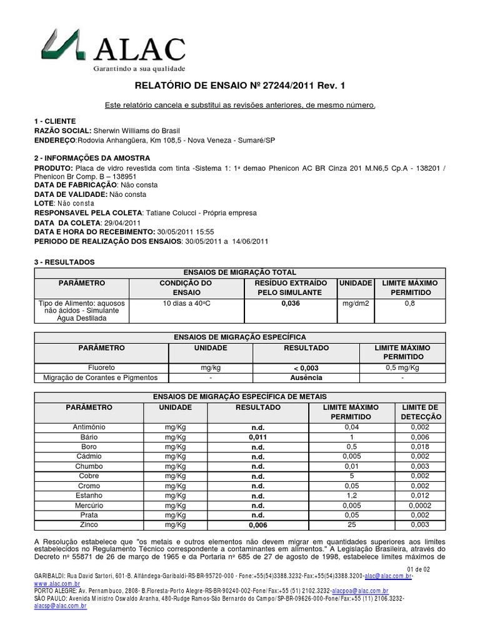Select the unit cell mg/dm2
click(355, 303)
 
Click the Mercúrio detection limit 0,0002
click(419, 505)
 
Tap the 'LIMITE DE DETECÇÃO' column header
click(419, 412)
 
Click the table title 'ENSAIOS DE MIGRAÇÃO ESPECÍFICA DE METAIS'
click(239, 397)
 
